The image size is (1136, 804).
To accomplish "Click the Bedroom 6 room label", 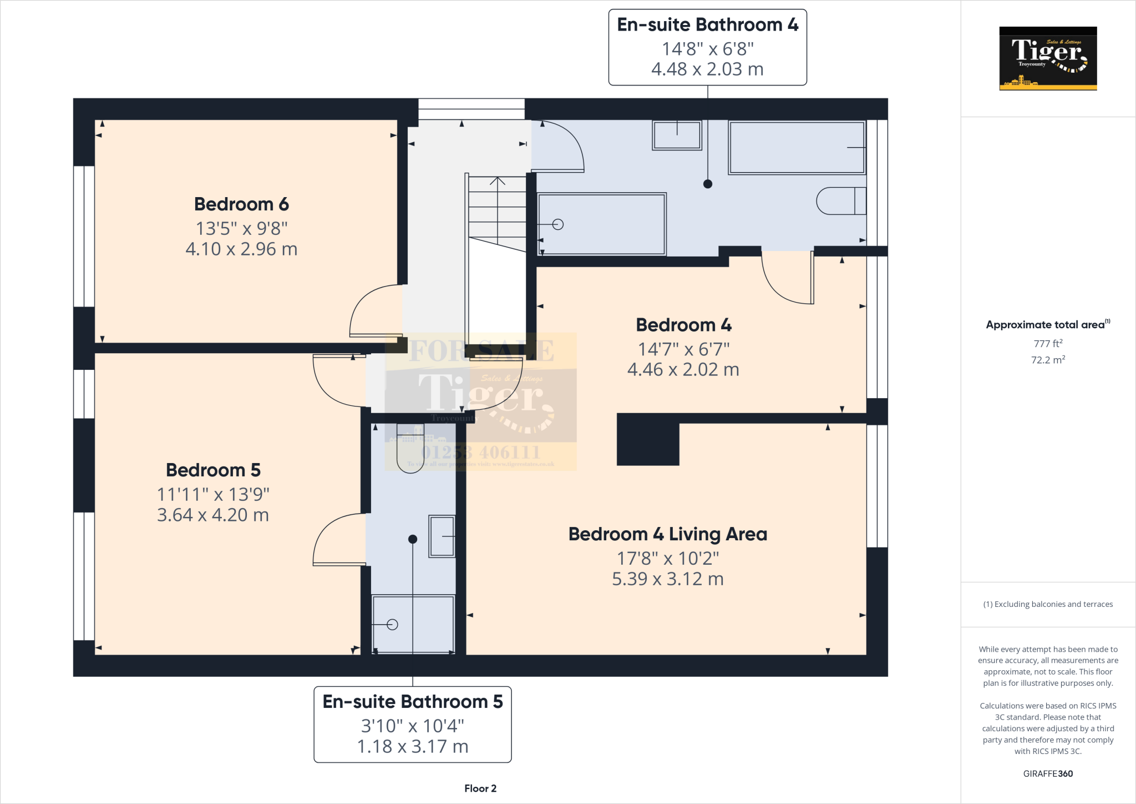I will click(x=241, y=204).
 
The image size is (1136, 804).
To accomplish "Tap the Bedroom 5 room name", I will click(x=213, y=470).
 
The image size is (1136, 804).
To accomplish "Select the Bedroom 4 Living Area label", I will click(x=668, y=534).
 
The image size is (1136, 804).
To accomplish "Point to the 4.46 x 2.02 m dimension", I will click(x=683, y=370).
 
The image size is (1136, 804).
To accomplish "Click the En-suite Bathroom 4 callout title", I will click(x=707, y=25).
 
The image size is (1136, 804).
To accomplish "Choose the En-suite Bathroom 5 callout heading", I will click(x=413, y=702).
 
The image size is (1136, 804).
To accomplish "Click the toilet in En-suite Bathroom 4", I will click(x=840, y=201).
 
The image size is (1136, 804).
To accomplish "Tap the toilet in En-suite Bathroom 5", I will click(x=410, y=449).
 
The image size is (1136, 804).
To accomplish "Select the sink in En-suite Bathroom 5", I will click(x=442, y=536).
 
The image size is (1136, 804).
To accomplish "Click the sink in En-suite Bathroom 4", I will click(x=677, y=135).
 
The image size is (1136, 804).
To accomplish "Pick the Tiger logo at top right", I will click(x=1048, y=58).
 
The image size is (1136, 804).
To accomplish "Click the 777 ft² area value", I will click(x=1048, y=344).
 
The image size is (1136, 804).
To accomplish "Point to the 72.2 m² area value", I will click(x=1048, y=360).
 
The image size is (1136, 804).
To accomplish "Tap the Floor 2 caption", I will click(x=480, y=788).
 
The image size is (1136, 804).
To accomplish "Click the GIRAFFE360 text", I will click(x=1048, y=773).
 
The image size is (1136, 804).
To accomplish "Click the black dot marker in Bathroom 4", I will click(x=708, y=184).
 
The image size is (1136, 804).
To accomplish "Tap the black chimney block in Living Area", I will click(x=648, y=440).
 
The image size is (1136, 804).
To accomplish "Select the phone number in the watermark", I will click(x=480, y=452).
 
